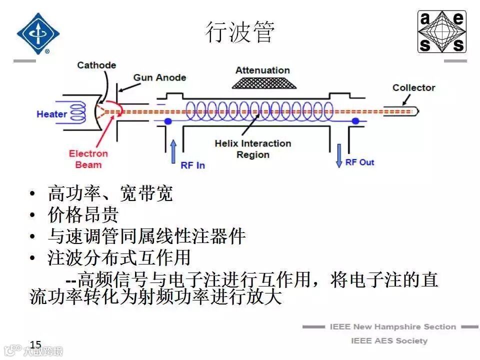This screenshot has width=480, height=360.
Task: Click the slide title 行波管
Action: click(x=240, y=32)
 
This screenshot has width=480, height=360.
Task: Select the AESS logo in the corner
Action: click(x=442, y=32)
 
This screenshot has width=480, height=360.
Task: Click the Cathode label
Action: click(x=96, y=65)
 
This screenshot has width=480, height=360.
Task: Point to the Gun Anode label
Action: click(x=159, y=77)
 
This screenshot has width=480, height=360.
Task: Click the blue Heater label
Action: click(x=51, y=114)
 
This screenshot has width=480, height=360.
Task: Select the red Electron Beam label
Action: click(x=88, y=159)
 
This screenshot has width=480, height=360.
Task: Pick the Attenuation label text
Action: click(x=262, y=70)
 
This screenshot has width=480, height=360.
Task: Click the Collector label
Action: click(x=413, y=87)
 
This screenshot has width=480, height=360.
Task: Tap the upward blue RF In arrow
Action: click(x=173, y=151)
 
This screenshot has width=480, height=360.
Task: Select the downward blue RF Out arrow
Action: click(x=339, y=154)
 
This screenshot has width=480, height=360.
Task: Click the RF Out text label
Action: click(x=359, y=162)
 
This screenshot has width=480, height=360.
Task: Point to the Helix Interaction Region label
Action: click(x=252, y=149)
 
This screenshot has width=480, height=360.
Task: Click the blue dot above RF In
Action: click(x=168, y=121)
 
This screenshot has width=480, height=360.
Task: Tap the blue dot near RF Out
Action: click(x=355, y=121)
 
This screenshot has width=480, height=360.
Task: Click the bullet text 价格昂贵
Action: click(x=83, y=214)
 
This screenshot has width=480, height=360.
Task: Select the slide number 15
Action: click(x=35, y=344)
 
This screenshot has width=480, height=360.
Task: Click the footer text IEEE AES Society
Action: click(x=389, y=341)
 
